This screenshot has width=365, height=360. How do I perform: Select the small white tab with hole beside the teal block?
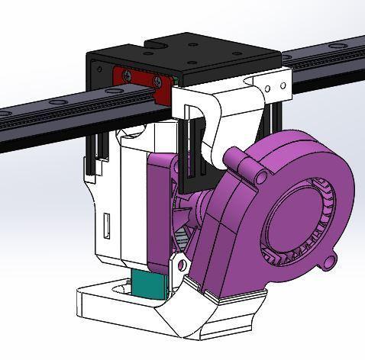pos(181,265)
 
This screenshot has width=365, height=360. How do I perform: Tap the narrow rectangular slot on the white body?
pos(106,226)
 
